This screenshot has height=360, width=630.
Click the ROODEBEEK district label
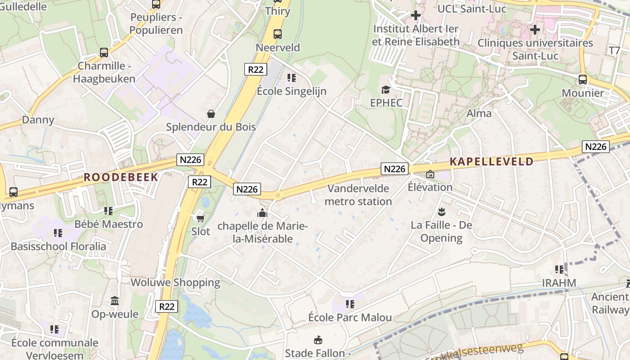[121, 177]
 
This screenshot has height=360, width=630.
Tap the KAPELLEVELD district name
[491, 162]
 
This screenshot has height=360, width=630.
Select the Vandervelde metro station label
[358, 194]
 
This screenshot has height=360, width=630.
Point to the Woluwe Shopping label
[175, 283]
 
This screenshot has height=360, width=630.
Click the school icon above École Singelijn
[292, 78]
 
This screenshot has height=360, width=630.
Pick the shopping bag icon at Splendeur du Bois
[211, 114]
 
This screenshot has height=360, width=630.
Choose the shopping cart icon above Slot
[201, 218]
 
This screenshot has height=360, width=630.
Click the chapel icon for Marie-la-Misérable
[262, 213]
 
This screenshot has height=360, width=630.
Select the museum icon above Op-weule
[115, 301]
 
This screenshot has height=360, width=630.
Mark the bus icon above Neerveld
[278, 34]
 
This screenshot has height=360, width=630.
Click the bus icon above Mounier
[583, 80]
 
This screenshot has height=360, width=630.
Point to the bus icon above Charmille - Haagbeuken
[104, 53]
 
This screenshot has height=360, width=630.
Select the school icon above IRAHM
[559, 270]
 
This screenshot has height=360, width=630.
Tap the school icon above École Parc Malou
[350, 304]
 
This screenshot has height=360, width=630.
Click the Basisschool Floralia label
[58, 247]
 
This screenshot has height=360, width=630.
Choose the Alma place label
[479, 113]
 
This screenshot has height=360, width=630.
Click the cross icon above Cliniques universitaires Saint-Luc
[535, 30]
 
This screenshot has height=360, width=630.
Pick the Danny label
[38, 120]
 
